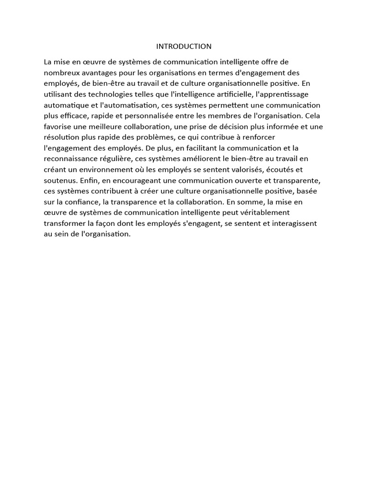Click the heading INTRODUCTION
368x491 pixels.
click(x=184, y=47)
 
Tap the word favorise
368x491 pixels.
click(x=56, y=127)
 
